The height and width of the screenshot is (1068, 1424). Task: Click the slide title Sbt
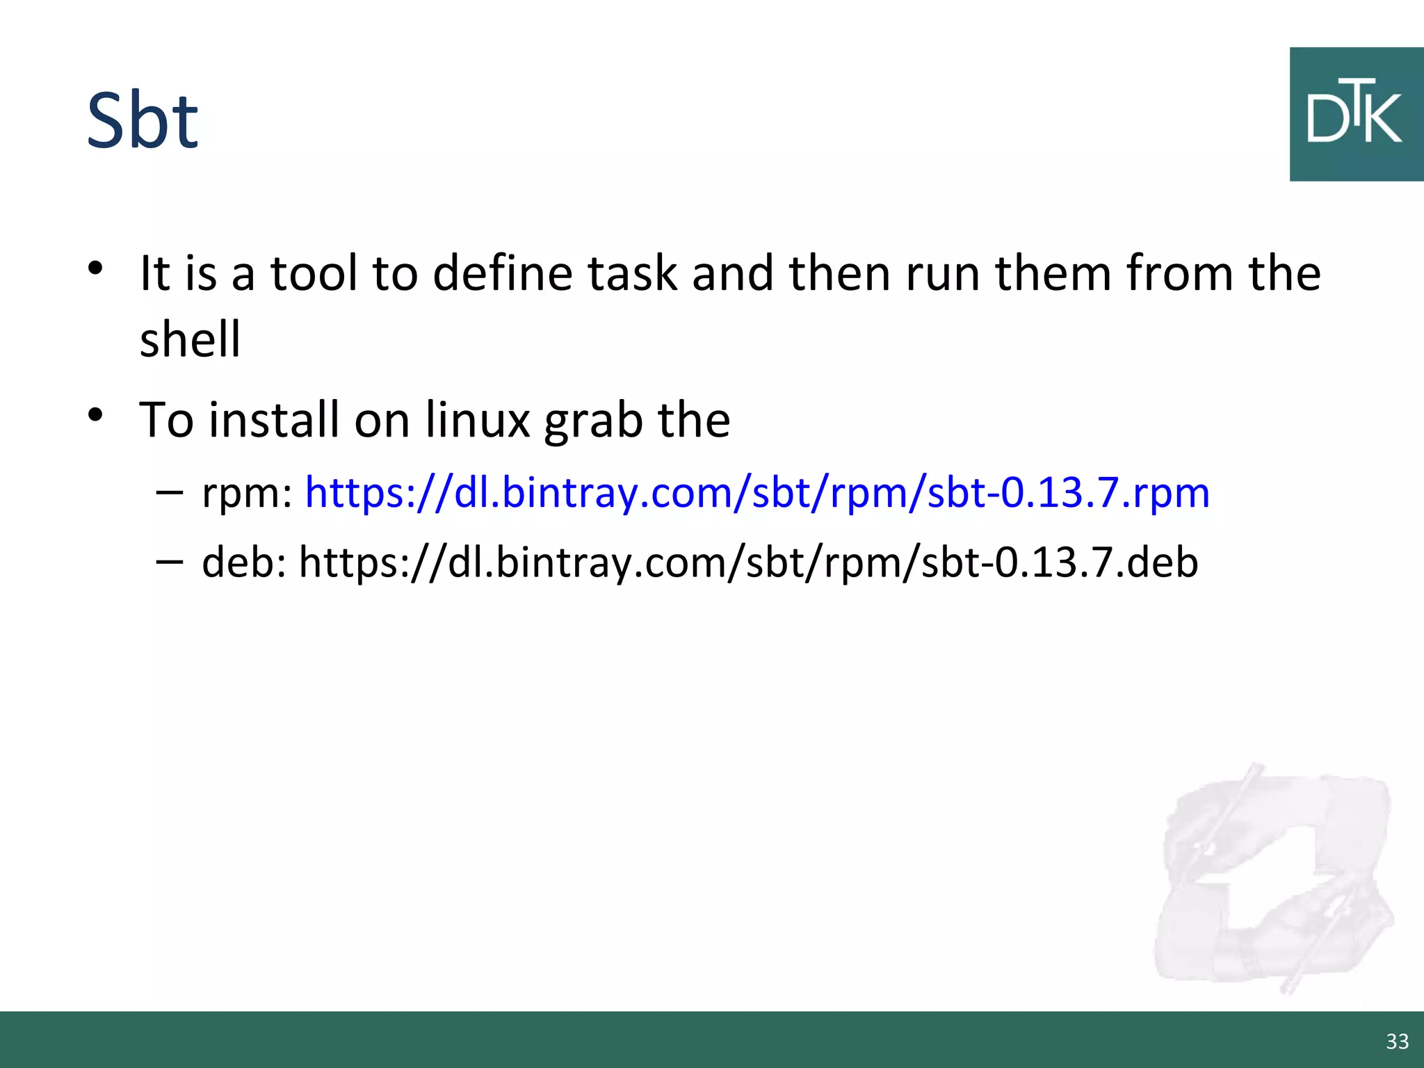(x=143, y=121)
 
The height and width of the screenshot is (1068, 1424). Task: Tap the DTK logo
(x=1355, y=115)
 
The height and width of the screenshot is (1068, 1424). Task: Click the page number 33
(x=1397, y=1041)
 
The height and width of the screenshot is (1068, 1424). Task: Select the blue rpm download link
(x=757, y=493)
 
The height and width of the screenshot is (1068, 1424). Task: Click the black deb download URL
(x=748, y=562)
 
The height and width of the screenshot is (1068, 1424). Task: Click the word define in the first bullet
(x=503, y=273)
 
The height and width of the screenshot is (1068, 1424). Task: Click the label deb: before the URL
(x=244, y=562)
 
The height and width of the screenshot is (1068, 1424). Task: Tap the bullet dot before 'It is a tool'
(x=96, y=268)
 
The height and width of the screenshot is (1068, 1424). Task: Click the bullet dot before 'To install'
(x=96, y=415)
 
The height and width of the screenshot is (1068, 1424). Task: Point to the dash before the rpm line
(x=170, y=492)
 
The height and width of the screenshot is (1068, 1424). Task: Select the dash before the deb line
(x=170, y=560)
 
